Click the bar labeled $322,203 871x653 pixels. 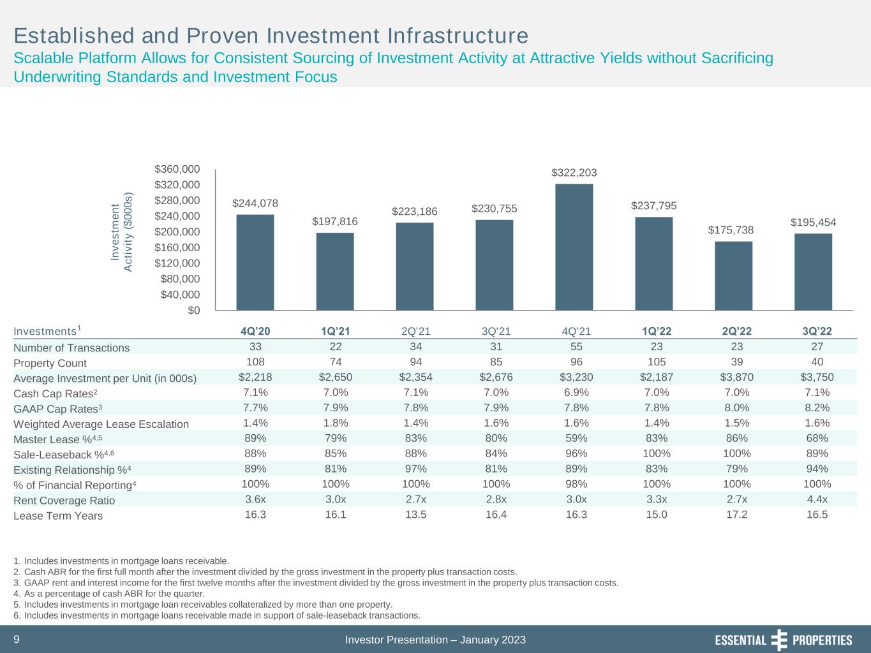(x=574, y=247)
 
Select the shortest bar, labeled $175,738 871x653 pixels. (x=733, y=275)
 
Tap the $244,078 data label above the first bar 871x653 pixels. (x=255, y=203)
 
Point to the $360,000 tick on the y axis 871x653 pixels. (x=177, y=169)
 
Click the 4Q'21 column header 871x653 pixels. (x=576, y=331)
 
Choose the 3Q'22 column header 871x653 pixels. (x=817, y=331)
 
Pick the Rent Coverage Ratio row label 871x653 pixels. (x=64, y=501)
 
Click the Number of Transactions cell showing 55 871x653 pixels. (x=576, y=347)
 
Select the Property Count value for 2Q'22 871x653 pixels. (x=737, y=362)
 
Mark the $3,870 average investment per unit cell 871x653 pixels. (x=737, y=377)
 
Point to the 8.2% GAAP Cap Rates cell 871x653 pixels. (x=817, y=407)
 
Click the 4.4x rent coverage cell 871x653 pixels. (x=817, y=499)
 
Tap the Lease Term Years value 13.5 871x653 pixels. (x=416, y=515)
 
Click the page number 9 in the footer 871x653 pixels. (x=17, y=639)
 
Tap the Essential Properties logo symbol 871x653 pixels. (x=779, y=640)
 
